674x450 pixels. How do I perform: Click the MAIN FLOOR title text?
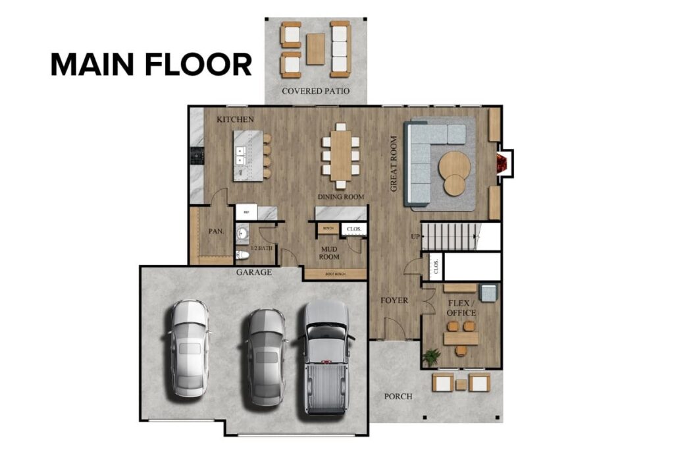[151, 65]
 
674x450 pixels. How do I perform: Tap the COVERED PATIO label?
[315, 91]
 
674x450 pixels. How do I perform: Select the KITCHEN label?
[236, 119]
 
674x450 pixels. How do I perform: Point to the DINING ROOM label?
[341, 197]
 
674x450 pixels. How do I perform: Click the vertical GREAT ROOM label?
[394, 163]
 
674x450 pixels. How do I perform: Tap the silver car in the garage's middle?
[265, 356]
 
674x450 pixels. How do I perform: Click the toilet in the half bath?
[242, 255]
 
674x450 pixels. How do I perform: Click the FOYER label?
[394, 300]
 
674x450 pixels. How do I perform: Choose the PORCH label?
[398, 396]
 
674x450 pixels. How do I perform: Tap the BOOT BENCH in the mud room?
[335, 273]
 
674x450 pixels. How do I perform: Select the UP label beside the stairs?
[415, 236]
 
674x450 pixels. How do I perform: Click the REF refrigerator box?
[246, 212]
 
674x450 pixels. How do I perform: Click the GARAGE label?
[253, 271]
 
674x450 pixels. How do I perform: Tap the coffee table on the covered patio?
[316, 49]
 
